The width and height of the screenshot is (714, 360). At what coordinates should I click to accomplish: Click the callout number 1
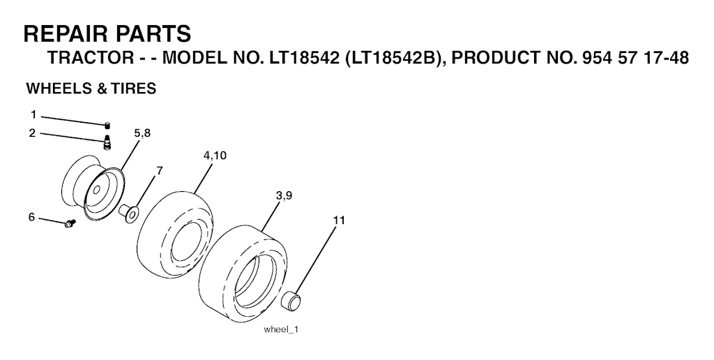coord(33,114)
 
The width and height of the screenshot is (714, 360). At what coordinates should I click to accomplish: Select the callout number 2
coord(32,133)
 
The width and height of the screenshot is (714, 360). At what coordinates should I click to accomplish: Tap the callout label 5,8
coord(142,133)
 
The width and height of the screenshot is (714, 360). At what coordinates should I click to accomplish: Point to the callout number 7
coord(160,171)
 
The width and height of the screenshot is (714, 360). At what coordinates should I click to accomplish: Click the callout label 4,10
coord(215,156)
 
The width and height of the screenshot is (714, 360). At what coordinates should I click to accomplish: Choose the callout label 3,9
coord(284,196)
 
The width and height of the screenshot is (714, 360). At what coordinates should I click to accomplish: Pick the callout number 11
coord(340,220)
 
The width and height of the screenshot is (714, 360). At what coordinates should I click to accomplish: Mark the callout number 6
coord(31,218)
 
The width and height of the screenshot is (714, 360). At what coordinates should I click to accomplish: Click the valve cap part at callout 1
coord(107,126)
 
